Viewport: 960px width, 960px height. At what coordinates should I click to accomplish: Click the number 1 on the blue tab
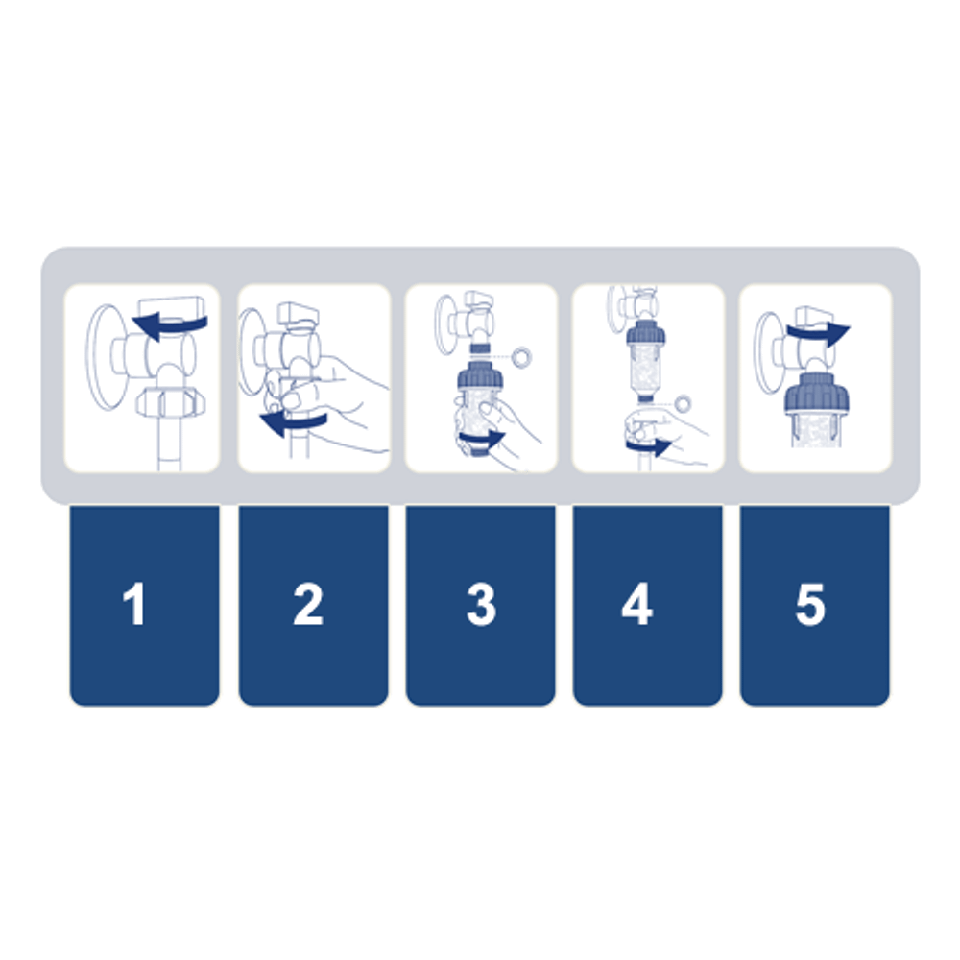click(x=134, y=604)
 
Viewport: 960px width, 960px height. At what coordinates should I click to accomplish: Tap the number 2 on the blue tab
click(x=308, y=604)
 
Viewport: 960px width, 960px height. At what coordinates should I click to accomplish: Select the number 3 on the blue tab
click(x=481, y=604)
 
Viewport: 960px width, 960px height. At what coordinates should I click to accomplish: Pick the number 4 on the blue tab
click(x=637, y=604)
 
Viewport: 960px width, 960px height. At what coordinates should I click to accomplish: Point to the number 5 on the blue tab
click(x=810, y=604)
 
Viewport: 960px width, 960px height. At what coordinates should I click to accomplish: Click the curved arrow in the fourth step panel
click(x=649, y=444)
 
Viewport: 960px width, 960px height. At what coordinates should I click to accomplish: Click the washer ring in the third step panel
click(x=522, y=357)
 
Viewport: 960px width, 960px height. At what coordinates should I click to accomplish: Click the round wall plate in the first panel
click(x=105, y=357)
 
